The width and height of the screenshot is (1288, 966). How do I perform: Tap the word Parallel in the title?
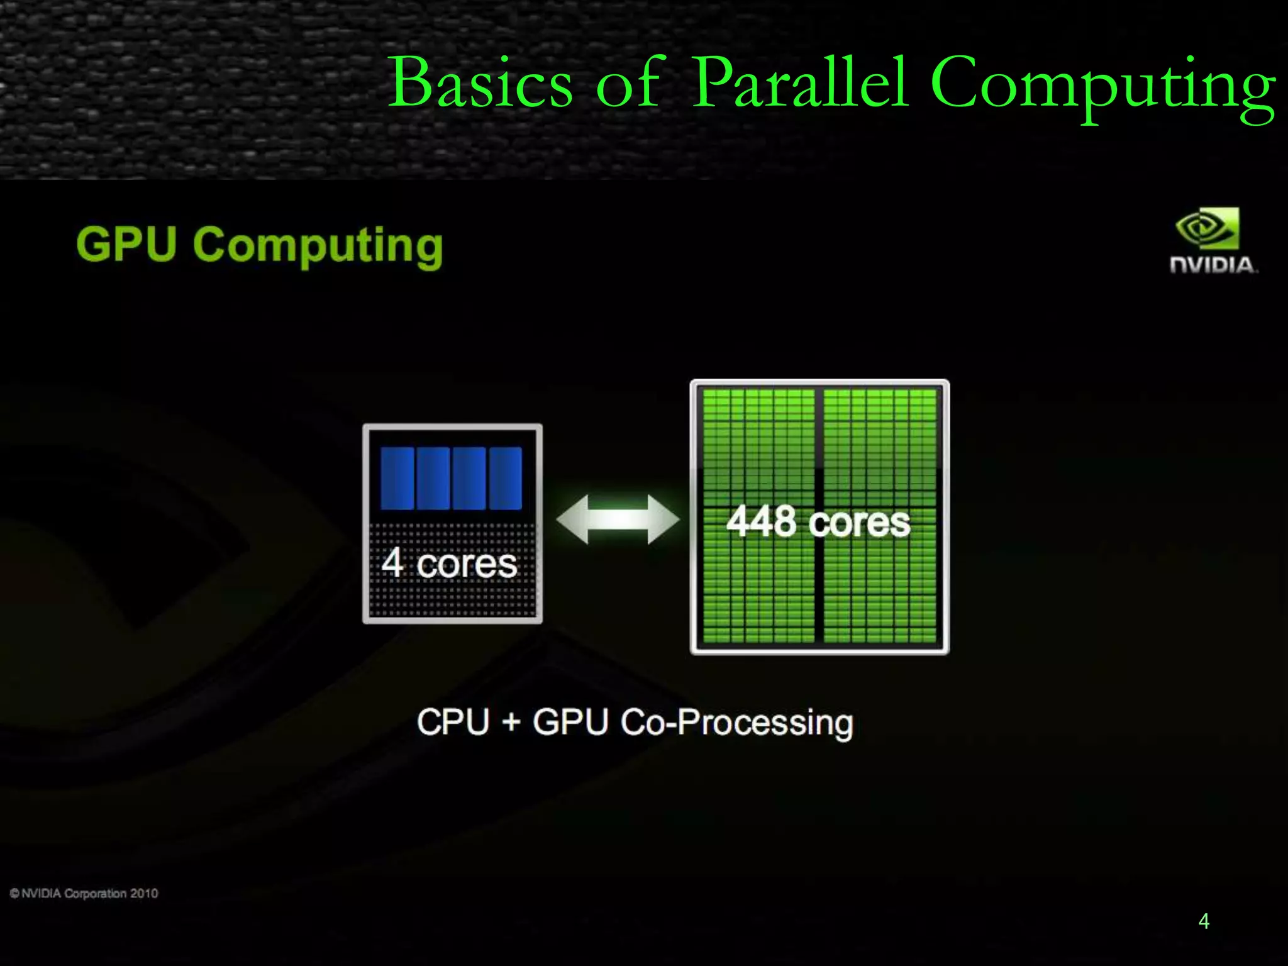pyautogui.click(x=800, y=83)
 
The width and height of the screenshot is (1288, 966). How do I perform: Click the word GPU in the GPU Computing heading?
pyautogui.click(x=126, y=244)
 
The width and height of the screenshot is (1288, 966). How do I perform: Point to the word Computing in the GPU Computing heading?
pyautogui.click(x=318, y=247)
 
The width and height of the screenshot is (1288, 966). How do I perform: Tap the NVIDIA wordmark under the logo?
pyautogui.click(x=1213, y=265)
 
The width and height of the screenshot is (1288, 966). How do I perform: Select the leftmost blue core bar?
pyautogui.click(x=397, y=478)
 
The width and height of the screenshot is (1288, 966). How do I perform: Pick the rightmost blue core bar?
pyautogui.click(x=505, y=478)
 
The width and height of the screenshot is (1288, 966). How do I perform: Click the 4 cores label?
pyautogui.click(x=449, y=563)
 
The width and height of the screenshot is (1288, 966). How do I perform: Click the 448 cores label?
pyautogui.click(x=818, y=522)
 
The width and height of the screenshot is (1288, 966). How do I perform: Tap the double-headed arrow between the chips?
pyautogui.click(x=618, y=519)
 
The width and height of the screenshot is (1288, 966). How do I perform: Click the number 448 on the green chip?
pyautogui.click(x=762, y=522)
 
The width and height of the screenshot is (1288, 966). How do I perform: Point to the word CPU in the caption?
pyautogui.click(x=453, y=721)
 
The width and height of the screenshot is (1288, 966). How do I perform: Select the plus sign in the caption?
pyautogui.click(x=511, y=722)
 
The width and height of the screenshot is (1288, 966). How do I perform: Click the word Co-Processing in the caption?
pyautogui.click(x=736, y=723)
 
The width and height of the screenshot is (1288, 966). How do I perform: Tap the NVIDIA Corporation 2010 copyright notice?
pyautogui.click(x=84, y=894)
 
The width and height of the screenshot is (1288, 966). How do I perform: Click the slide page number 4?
pyautogui.click(x=1204, y=921)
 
